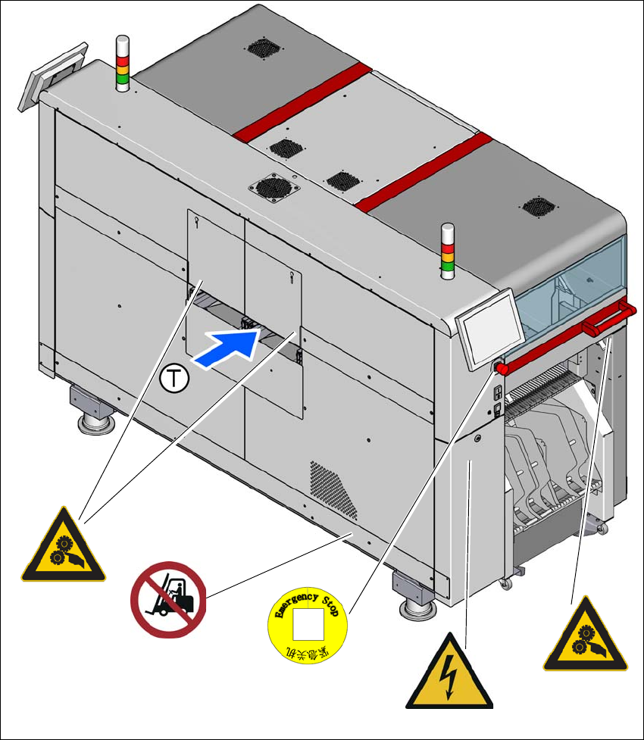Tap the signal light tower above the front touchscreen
click(447, 251)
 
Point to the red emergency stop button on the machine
click(501, 368)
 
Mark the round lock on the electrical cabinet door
click(478, 439)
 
